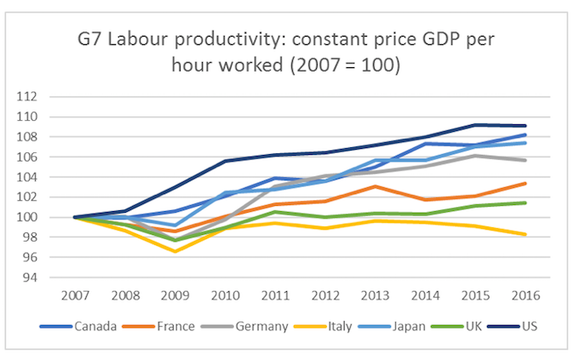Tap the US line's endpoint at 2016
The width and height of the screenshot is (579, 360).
[x=525, y=126]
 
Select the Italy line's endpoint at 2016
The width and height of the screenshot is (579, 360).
[x=525, y=234]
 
